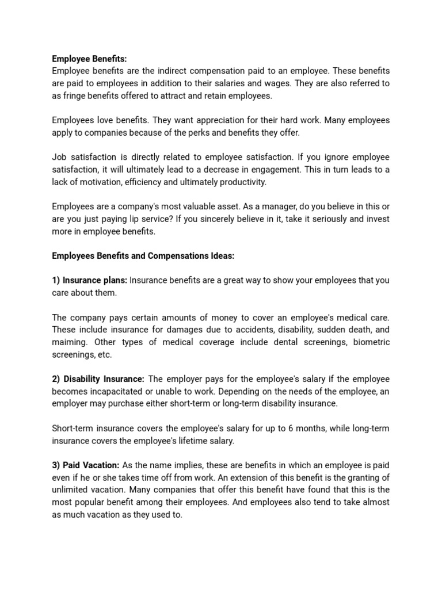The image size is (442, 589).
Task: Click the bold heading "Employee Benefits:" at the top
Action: click(x=89, y=58)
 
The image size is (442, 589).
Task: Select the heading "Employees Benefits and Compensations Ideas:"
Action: click(x=152, y=255)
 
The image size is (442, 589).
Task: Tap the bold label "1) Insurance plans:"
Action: click(x=90, y=280)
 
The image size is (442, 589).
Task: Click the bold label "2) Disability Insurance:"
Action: click(x=98, y=379)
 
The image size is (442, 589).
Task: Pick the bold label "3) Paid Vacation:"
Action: click(x=86, y=465)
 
